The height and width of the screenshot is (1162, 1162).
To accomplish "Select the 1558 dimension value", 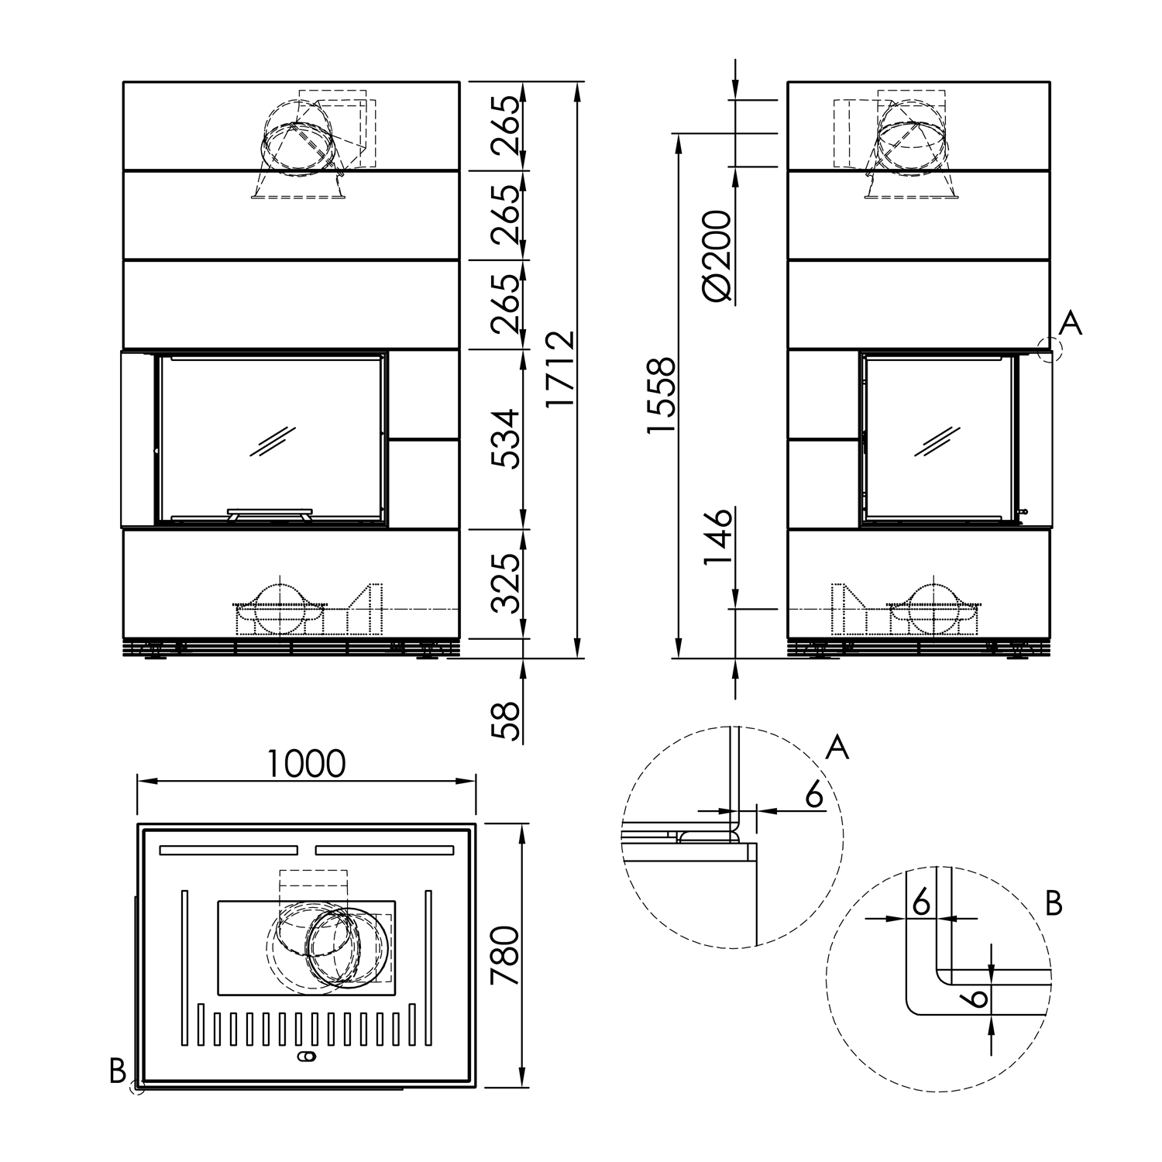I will click(663, 396).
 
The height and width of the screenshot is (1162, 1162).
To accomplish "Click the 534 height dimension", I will click(507, 438).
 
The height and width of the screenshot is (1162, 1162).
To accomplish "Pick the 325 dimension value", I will click(507, 583).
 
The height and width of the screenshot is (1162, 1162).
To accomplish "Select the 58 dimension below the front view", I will click(507, 721).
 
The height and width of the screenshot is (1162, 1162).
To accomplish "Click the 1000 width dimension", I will click(306, 764).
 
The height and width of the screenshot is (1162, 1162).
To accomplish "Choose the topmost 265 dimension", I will click(507, 125).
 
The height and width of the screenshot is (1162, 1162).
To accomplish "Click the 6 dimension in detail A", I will click(813, 795).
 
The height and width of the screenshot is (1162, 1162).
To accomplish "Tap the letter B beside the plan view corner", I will click(118, 1071).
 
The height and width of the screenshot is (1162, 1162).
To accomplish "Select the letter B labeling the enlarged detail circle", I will click(1053, 903).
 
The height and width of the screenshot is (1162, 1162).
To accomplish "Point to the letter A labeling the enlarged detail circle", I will click(837, 748).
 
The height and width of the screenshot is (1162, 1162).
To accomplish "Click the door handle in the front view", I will click(269, 514).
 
